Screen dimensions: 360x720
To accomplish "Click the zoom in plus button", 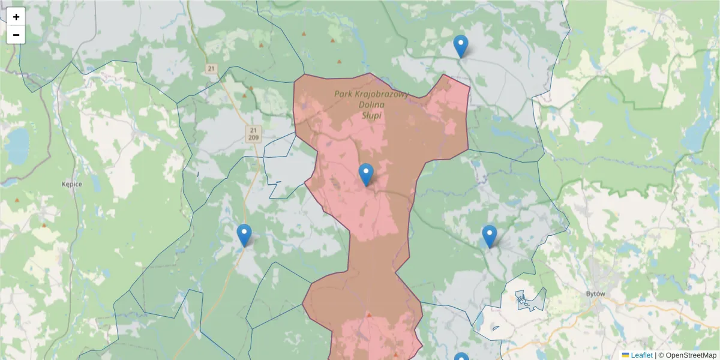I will pyautogui.click(x=16, y=17).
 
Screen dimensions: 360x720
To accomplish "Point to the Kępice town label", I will pyautogui.click(x=71, y=184).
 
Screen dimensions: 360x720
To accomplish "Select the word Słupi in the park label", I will pyautogui.click(x=371, y=115).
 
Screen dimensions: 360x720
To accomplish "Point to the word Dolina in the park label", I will pyautogui.click(x=371, y=104).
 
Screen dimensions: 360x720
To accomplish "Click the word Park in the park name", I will pyautogui.click(x=343, y=94).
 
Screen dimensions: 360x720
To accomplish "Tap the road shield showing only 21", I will pyautogui.click(x=211, y=69).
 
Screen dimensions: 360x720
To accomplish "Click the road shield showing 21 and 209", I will pyautogui.click(x=253, y=134).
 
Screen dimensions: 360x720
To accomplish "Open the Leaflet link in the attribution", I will pyautogui.click(x=641, y=355).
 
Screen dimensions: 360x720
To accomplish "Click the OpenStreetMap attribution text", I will pyautogui.click(x=691, y=355).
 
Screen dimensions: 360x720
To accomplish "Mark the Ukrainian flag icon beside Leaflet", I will pyautogui.click(x=625, y=355).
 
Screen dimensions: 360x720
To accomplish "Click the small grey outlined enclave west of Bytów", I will pyautogui.click(x=527, y=301).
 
